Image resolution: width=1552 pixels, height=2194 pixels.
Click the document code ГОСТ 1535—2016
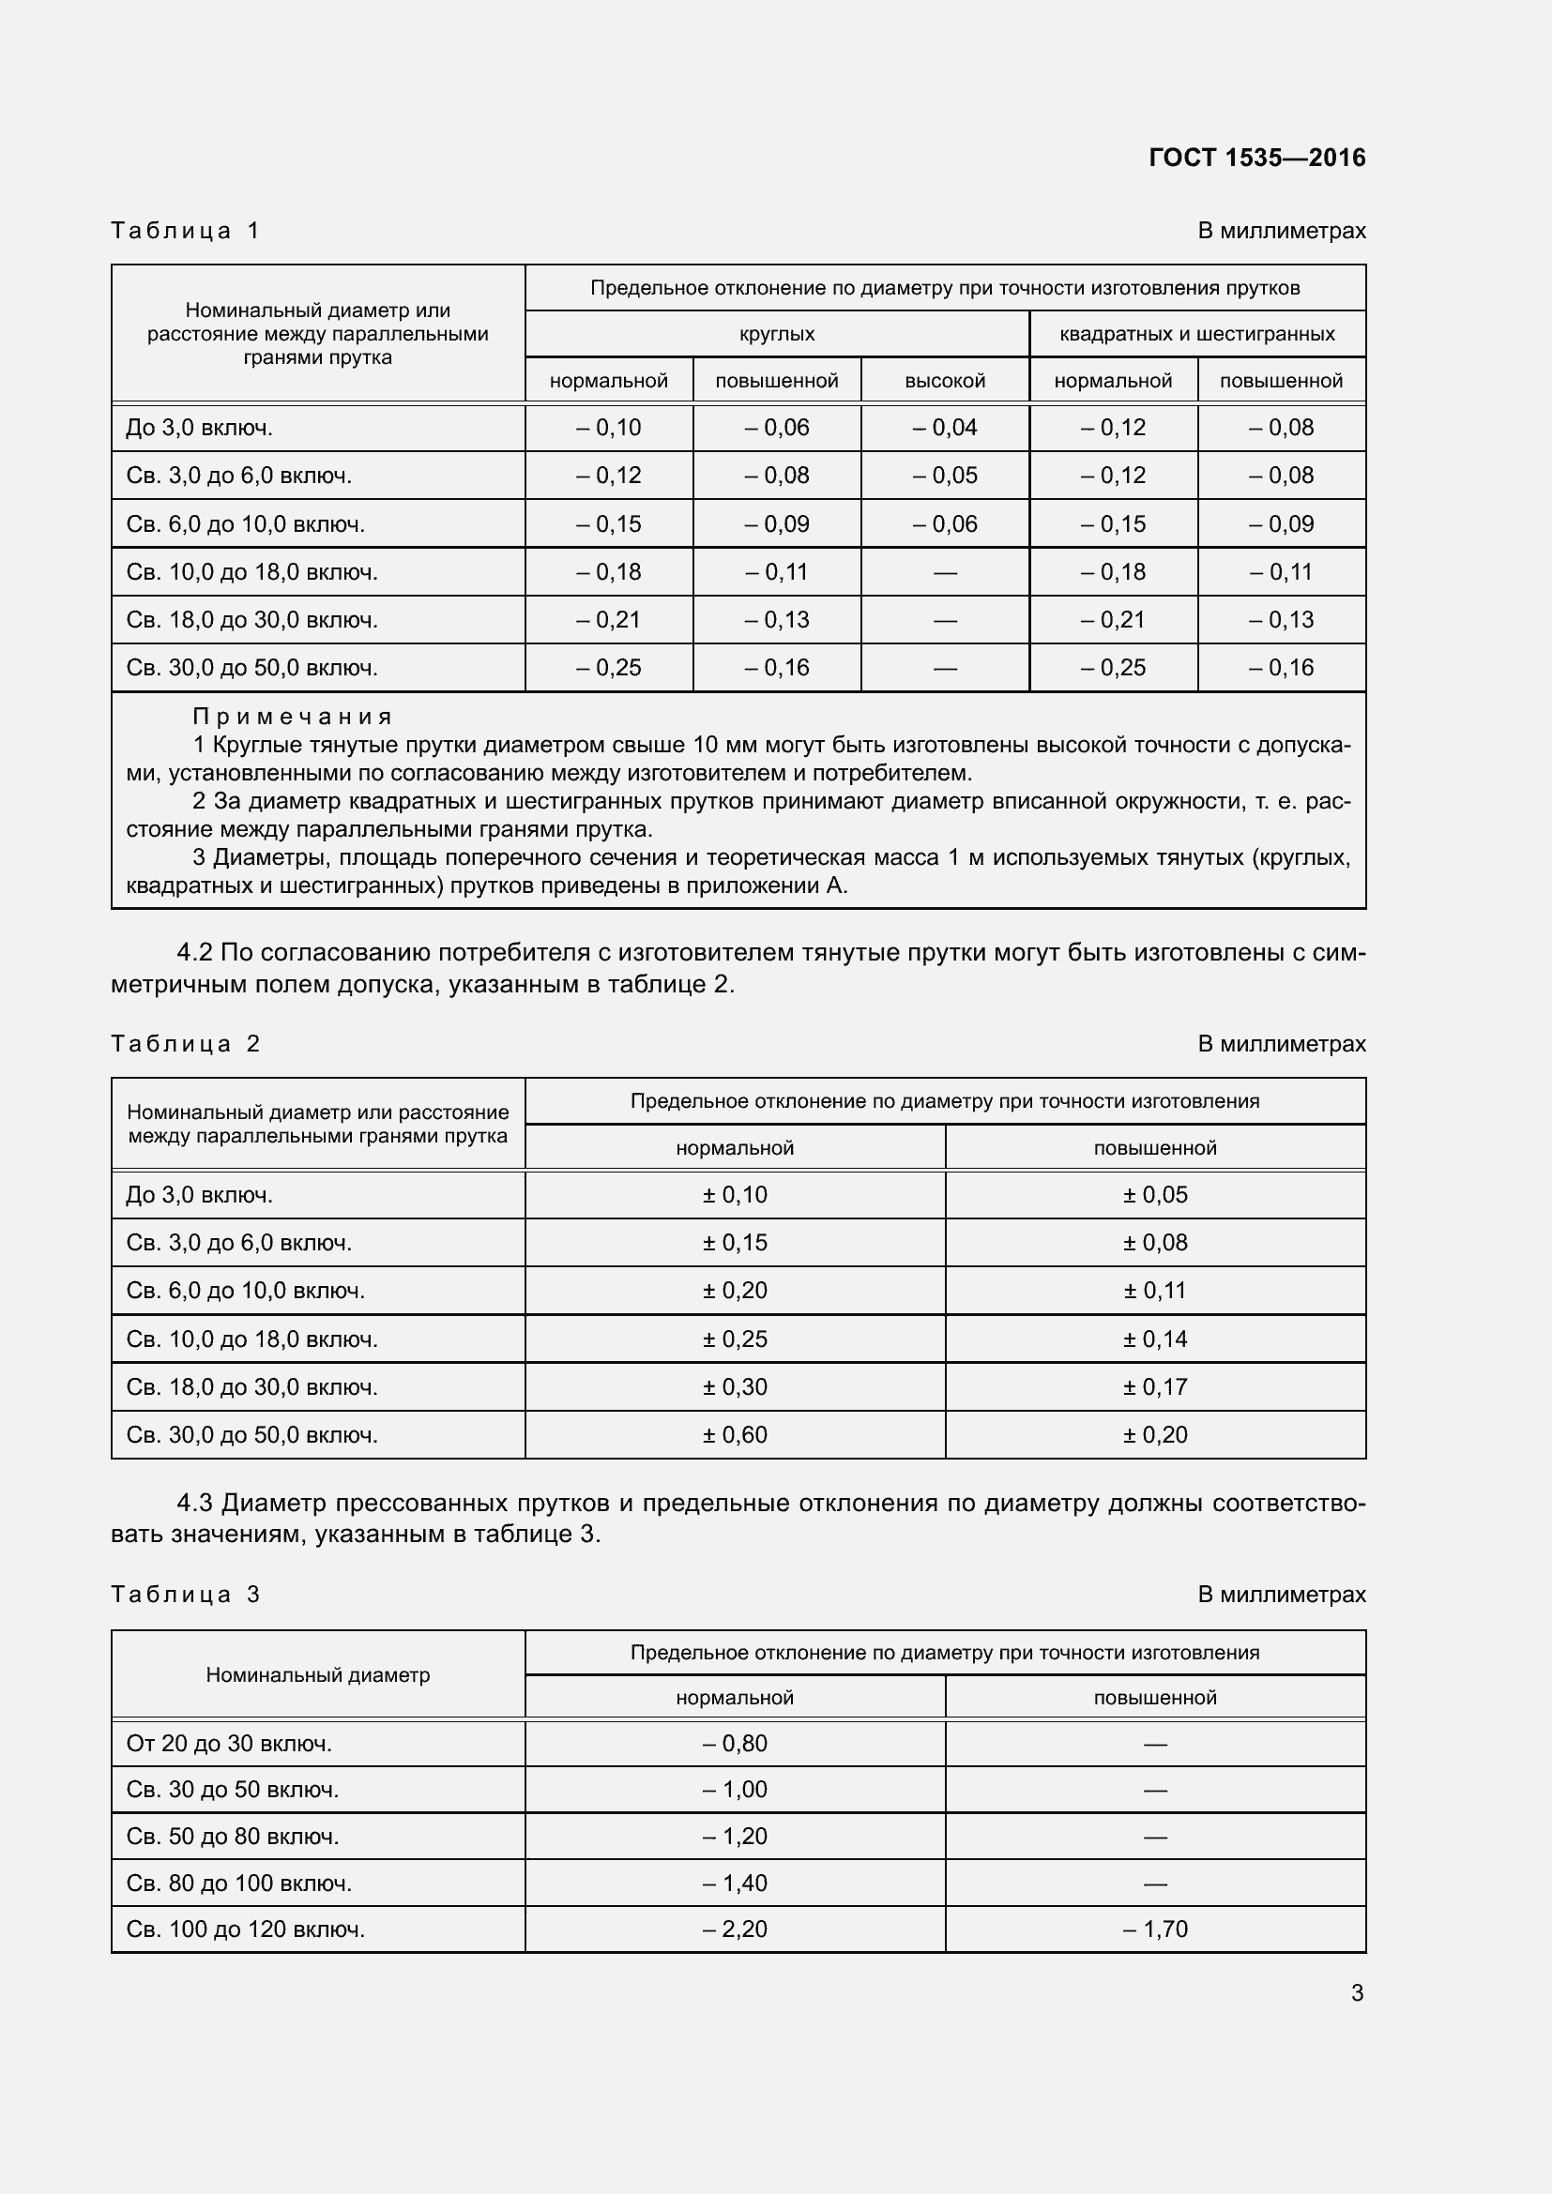pos(1256,158)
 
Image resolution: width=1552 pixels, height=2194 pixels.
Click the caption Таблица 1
pos(186,231)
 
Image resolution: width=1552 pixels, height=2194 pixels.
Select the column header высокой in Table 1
pos(944,380)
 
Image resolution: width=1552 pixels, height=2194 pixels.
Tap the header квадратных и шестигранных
pos(1196,334)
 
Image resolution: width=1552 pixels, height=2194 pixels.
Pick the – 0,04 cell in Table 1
pos(944,427)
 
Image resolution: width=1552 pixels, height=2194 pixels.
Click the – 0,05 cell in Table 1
pos(944,475)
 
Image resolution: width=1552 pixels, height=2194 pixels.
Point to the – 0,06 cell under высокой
pos(944,523)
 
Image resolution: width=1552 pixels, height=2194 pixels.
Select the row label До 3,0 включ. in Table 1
pos(200,427)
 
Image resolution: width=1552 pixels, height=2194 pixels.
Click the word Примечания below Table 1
pos(292,717)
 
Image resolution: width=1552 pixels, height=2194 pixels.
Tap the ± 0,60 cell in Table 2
pos(734,1434)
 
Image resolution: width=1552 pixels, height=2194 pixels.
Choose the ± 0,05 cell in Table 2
pos(1154,1194)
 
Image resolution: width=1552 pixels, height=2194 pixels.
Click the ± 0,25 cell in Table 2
pos(734,1339)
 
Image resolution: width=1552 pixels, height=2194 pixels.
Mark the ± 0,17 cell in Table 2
pos(1154,1386)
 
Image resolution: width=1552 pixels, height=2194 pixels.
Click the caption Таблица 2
pos(186,1043)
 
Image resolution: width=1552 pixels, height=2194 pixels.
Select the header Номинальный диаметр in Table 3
pos(317,1675)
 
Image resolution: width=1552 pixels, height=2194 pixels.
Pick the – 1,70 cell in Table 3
pos(1154,1929)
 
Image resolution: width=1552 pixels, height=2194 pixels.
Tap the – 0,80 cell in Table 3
pos(734,1743)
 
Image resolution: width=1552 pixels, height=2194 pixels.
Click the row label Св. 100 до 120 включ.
pos(246,1929)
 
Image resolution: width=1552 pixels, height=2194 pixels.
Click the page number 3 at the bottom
pos(1356,1993)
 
